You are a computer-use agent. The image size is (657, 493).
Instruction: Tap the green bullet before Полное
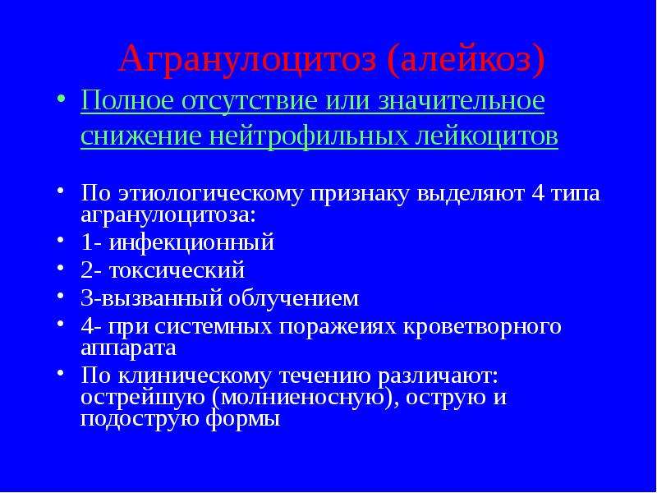pos(61,99)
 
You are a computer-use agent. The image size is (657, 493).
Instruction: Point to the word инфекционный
pos(192,242)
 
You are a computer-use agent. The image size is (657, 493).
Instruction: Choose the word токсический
pos(177,270)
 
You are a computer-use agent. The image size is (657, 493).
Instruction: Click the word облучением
pos(294,298)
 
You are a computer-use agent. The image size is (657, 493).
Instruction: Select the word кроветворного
pos(482,327)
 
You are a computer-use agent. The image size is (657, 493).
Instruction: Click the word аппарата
pos(128,348)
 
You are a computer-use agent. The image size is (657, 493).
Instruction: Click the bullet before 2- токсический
pos(61,268)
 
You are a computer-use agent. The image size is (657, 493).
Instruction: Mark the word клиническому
pos(195,376)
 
